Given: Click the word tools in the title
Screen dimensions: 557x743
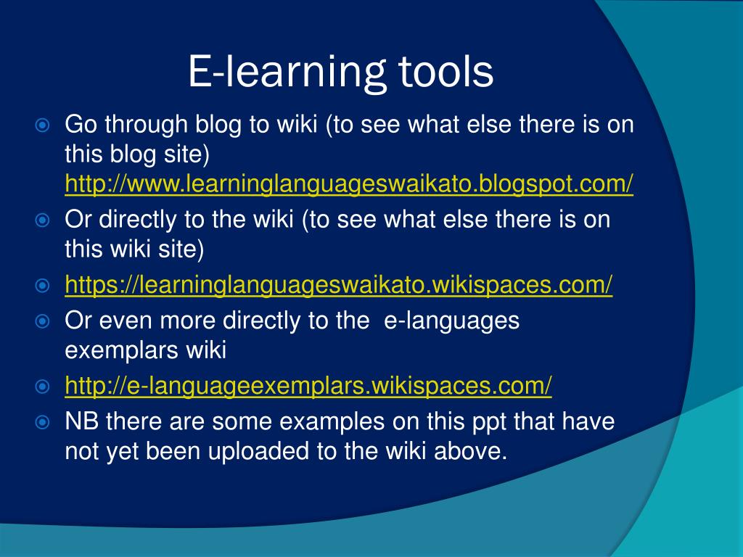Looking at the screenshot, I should tap(446, 73).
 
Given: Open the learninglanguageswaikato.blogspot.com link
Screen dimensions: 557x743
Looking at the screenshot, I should tap(349, 185).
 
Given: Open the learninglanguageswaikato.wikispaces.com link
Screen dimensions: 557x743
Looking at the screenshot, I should tap(339, 286).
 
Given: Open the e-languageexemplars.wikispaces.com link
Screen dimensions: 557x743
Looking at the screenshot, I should tap(308, 387).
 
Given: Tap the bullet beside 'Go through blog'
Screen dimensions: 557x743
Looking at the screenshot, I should tap(42, 125).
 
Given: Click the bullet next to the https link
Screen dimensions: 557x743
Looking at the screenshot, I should tap(42, 286).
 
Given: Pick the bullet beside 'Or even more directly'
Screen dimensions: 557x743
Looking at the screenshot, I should tap(42, 321).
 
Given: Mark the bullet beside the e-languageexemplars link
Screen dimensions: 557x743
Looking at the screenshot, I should tap(42, 387).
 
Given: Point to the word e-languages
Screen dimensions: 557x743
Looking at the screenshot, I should tap(451, 321).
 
